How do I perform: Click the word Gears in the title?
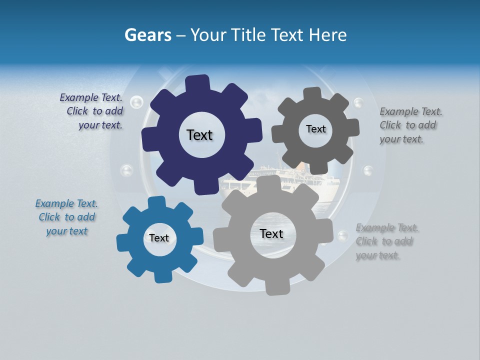[147, 35]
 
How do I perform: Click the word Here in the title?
[327, 35]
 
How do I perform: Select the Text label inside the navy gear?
[199, 135]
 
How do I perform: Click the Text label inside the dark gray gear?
[315, 129]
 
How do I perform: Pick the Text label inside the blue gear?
[159, 238]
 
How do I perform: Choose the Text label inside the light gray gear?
[271, 233]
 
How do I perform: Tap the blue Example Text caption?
[67, 217]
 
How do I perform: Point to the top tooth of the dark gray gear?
[312, 93]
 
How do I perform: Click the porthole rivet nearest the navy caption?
[136, 102]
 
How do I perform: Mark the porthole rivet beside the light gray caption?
[343, 235]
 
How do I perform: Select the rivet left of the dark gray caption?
[358, 103]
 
